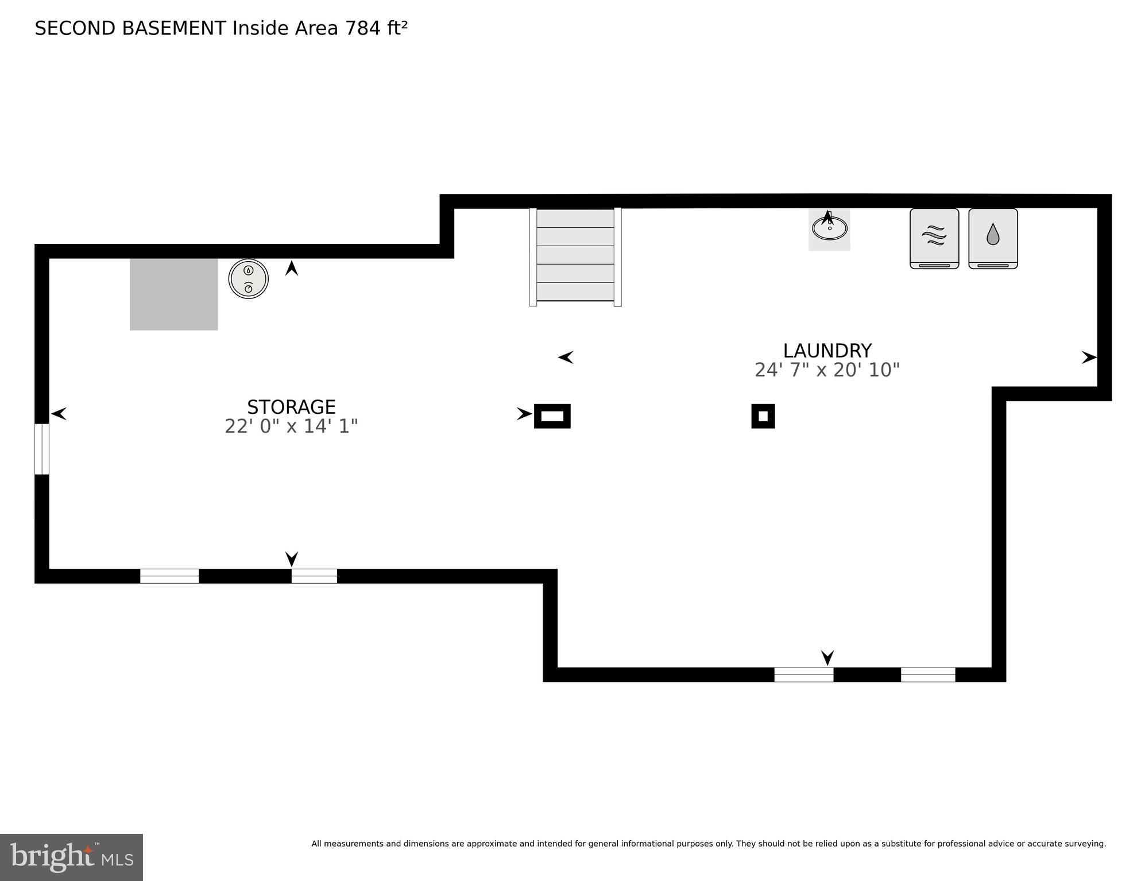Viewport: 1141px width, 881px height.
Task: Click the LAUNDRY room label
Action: (x=827, y=351)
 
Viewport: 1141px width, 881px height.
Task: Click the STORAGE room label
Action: (x=291, y=407)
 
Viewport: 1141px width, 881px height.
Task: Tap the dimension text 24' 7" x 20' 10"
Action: (x=827, y=370)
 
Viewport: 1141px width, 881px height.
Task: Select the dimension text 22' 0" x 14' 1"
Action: (x=291, y=426)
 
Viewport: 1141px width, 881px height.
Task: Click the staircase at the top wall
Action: (x=575, y=256)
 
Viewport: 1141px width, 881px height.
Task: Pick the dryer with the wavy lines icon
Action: (x=934, y=238)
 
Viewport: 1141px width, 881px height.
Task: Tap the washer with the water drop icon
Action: (x=993, y=238)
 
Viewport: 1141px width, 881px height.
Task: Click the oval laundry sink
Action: (x=829, y=228)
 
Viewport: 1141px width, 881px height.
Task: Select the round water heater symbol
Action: (x=249, y=279)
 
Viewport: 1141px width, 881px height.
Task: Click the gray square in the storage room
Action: (x=173, y=294)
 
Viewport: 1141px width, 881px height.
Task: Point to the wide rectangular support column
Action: (x=552, y=416)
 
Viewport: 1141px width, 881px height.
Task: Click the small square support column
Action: (x=763, y=416)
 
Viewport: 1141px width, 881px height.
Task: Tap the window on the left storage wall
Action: (x=42, y=449)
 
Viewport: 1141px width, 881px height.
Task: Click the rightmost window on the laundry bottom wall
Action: (x=927, y=674)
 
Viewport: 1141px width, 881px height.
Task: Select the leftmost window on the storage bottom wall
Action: (x=169, y=576)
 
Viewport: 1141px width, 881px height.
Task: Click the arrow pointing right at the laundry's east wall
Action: (x=1089, y=358)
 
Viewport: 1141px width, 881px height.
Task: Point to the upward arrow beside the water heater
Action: (x=292, y=268)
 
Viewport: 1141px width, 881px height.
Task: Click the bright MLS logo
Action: (x=71, y=857)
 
